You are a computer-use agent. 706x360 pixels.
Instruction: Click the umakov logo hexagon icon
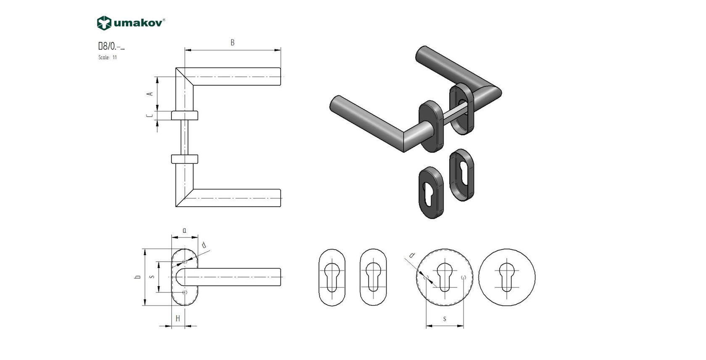click(x=103, y=23)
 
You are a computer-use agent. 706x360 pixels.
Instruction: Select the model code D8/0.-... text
click(x=111, y=47)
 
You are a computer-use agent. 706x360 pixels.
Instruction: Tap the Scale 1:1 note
click(x=108, y=58)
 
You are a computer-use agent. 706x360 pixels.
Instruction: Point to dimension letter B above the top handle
click(x=232, y=43)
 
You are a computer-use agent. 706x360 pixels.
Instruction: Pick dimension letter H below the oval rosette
click(x=178, y=318)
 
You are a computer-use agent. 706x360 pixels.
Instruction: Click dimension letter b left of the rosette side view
click(x=137, y=278)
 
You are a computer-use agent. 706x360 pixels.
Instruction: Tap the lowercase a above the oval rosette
click(x=184, y=231)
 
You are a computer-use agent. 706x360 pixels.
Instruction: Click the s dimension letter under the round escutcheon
click(x=445, y=319)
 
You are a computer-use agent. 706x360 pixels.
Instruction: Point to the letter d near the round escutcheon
click(x=412, y=255)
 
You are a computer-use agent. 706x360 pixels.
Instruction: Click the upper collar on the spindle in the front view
click(x=184, y=116)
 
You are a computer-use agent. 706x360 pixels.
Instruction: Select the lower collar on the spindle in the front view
click(x=184, y=159)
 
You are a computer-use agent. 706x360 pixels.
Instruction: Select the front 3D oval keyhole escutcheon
click(x=431, y=193)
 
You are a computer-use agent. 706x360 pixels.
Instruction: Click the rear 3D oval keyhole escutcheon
click(x=461, y=174)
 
